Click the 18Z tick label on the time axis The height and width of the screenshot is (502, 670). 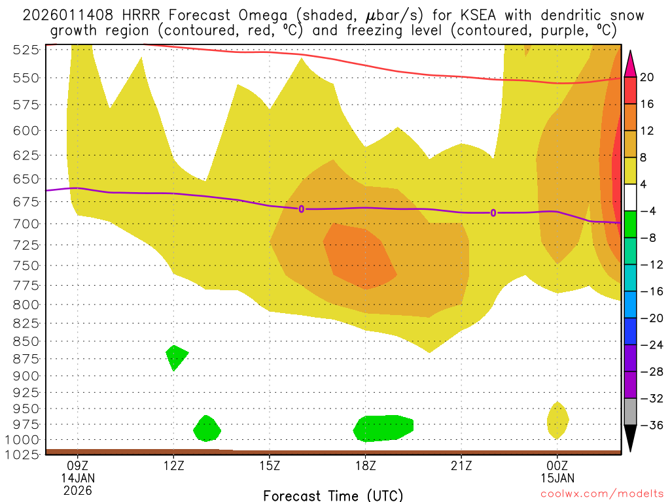point(366,466)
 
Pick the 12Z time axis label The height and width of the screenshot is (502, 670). point(173,466)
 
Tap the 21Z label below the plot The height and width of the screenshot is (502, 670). point(461,466)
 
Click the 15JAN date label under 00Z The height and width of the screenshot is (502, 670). point(557,478)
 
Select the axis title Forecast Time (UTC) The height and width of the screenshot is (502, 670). point(333,495)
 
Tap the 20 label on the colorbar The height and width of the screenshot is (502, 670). point(647,78)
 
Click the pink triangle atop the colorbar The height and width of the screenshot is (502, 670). point(631,63)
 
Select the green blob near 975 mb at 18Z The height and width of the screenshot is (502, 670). point(383,427)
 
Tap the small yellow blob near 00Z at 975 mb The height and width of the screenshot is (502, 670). point(557,420)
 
